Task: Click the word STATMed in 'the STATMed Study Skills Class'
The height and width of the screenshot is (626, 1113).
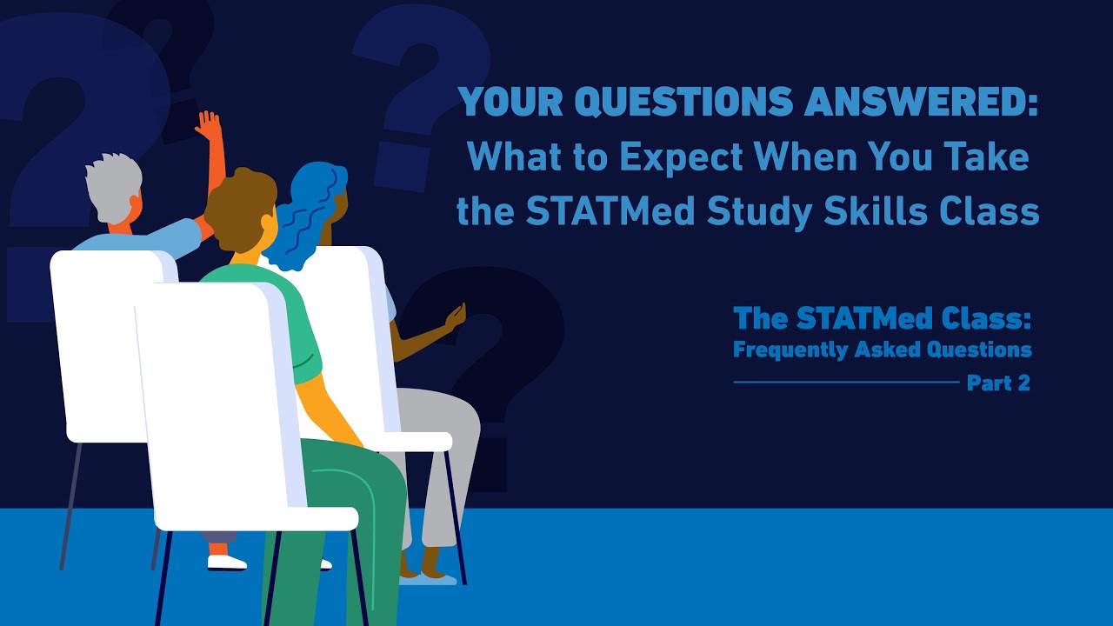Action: pos(609,211)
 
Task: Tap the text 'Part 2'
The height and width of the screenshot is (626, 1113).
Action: pos(998,383)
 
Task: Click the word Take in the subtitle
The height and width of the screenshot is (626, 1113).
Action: pos(991,157)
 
